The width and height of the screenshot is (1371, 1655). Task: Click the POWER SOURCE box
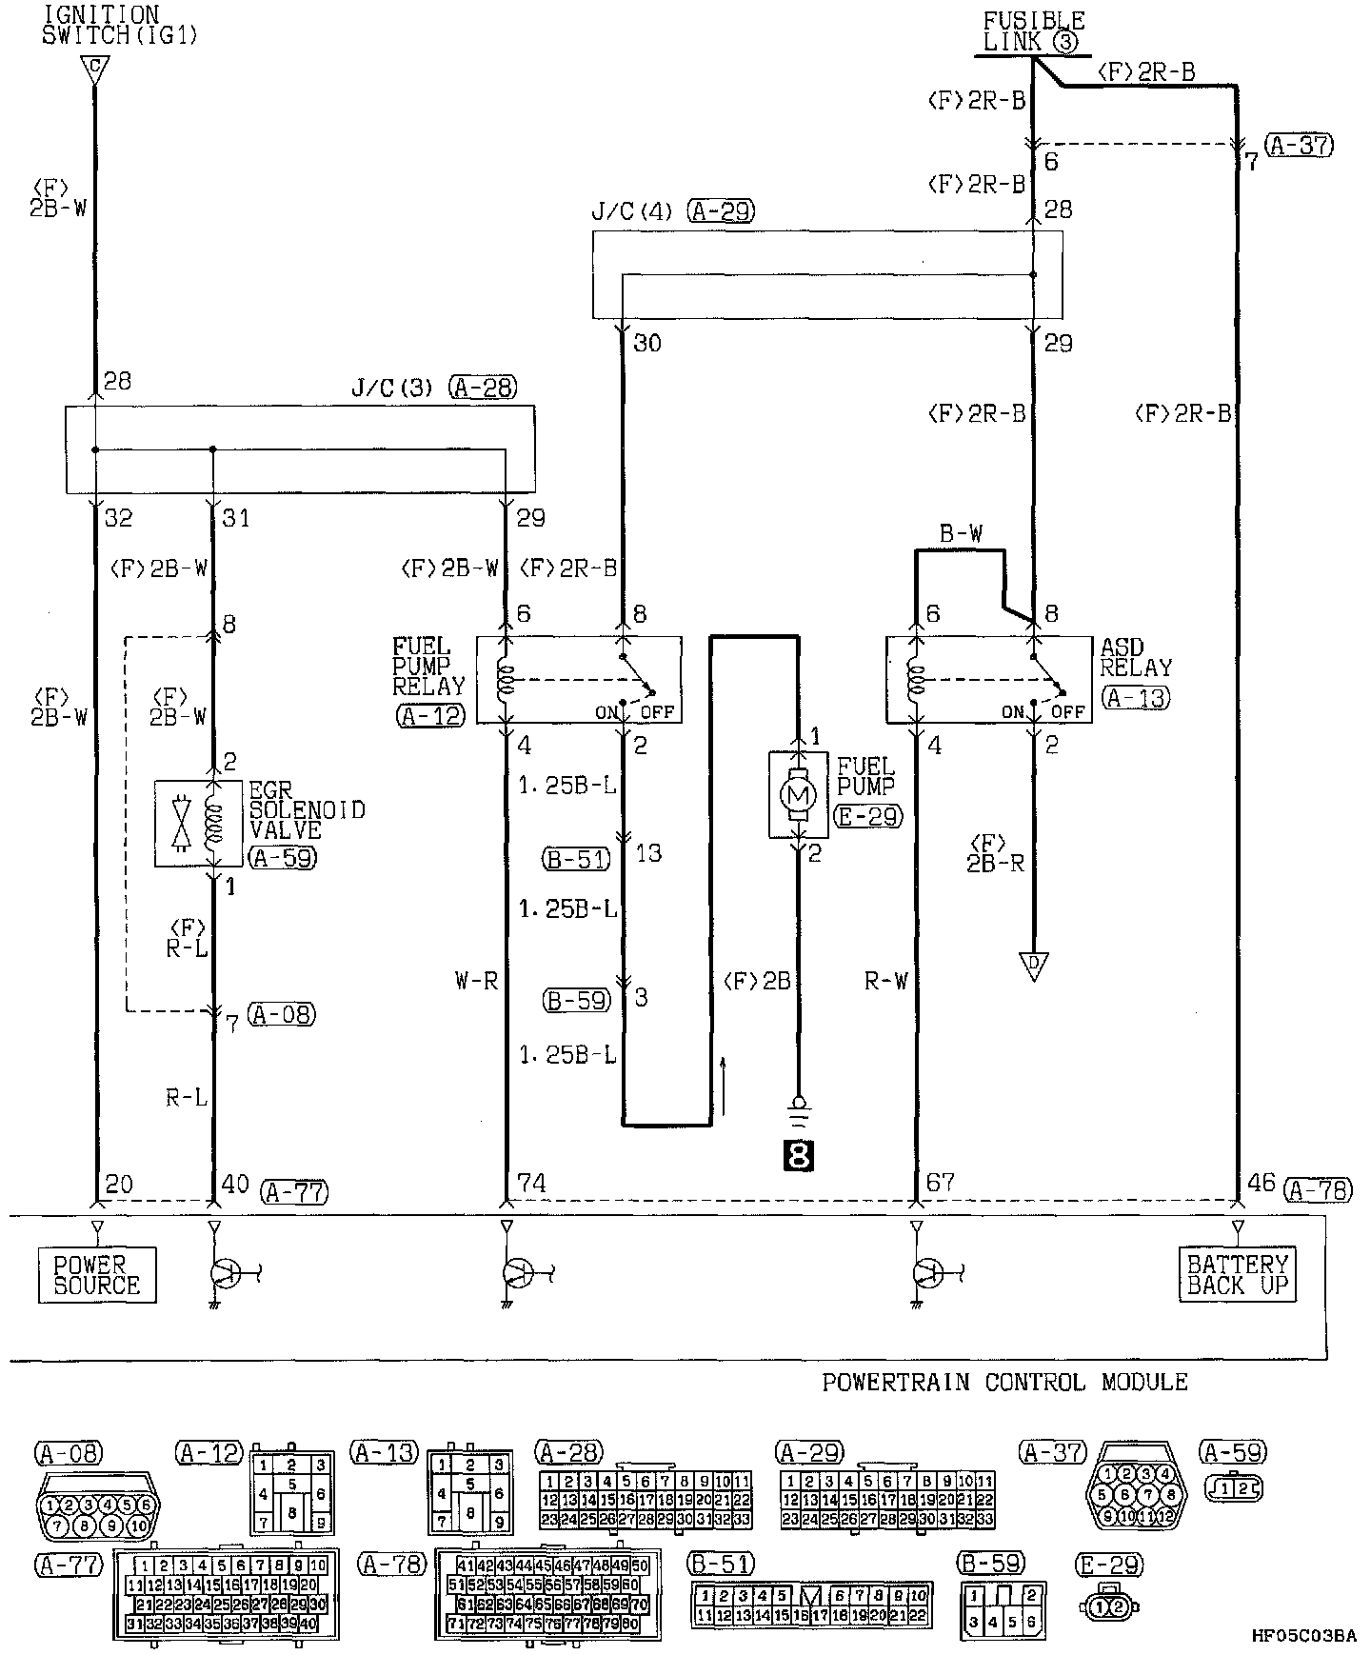pyautogui.click(x=97, y=1274)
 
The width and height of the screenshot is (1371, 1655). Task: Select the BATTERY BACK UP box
pyautogui.click(x=1238, y=1274)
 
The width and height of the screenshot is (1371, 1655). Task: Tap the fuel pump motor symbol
pyautogui.click(x=799, y=793)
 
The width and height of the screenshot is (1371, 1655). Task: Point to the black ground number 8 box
pyautogui.click(x=799, y=1155)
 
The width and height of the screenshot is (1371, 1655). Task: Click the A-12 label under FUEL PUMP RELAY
pyautogui.click(x=430, y=716)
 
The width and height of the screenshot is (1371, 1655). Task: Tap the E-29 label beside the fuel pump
pyautogui.click(x=866, y=815)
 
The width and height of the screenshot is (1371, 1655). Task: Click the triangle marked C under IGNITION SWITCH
pyautogui.click(x=94, y=68)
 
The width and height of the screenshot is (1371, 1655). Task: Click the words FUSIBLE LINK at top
pyautogui.click(x=1033, y=31)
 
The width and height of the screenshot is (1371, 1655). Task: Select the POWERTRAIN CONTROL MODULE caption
pyautogui.click(x=1004, y=1382)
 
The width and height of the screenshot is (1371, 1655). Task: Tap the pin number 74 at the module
pyautogui.click(x=531, y=1184)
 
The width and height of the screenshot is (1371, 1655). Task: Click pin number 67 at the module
pyautogui.click(x=941, y=1183)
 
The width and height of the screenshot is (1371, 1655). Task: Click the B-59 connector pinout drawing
pyautogui.click(x=1003, y=1610)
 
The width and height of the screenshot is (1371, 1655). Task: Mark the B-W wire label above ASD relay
pyautogui.click(x=960, y=534)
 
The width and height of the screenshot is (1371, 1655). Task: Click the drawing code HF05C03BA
pyautogui.click(x=1303, y=1636)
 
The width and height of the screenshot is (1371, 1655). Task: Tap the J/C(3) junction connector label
pyautogui.click(x=393, y=389)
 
